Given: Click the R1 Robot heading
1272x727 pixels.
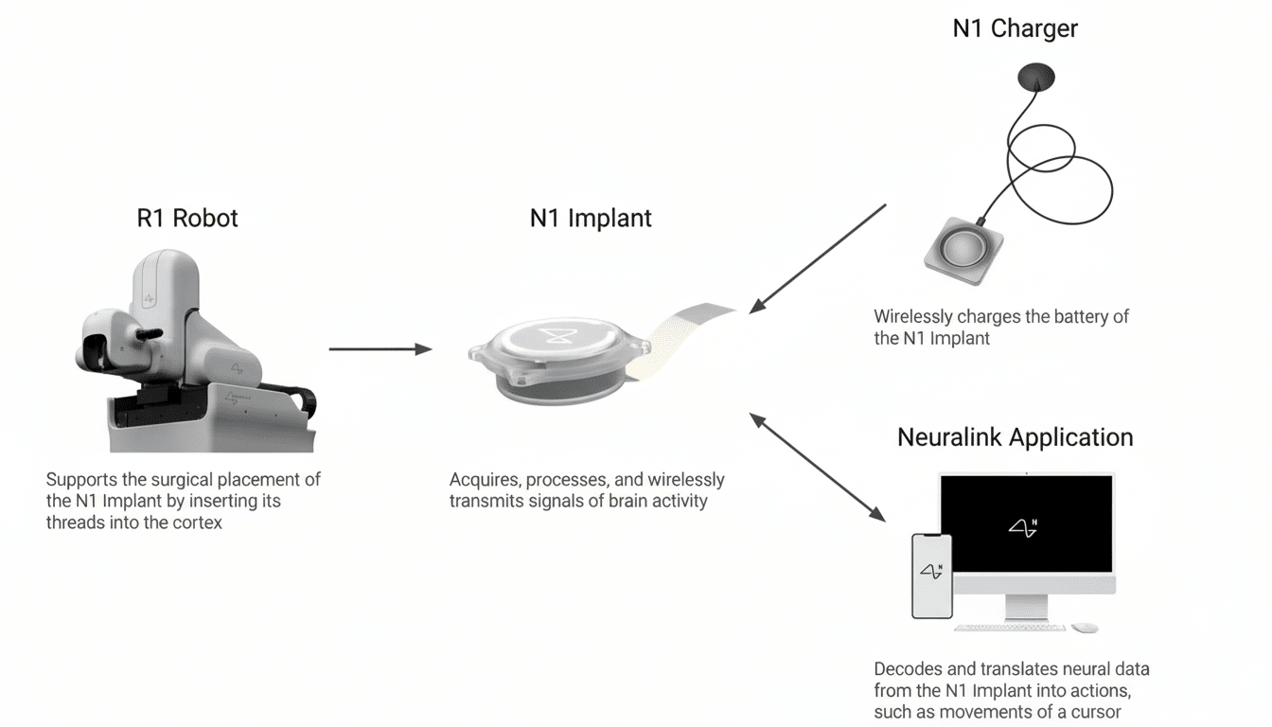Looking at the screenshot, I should [x=187, y=219].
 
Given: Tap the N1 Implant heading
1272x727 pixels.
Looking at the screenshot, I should [x=591, y=219].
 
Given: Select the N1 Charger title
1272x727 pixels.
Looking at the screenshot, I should [x=1015, y=29].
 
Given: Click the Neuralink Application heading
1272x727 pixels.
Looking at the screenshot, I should [x=1015, y=437].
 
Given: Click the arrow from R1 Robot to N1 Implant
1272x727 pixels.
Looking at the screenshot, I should [x=380, y=349].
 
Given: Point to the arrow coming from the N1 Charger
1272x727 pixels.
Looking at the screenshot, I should [x=818, y=257].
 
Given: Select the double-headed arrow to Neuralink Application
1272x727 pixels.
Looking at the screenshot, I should [x=818, y=467].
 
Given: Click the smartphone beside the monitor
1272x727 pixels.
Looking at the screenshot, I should [x=931, y=576].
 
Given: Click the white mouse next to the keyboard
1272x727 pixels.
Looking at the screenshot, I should [x=1085, y=628].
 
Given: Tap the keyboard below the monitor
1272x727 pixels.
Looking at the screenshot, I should [x=1009, y=628].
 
